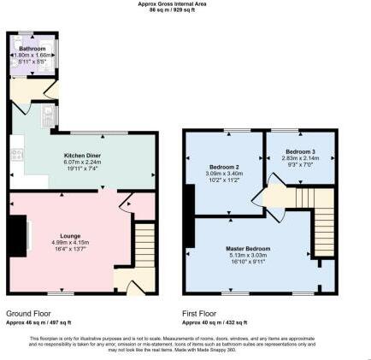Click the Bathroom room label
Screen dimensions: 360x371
pyautogui.click(x=32, y=50)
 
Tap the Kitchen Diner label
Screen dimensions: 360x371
pyautogui.click(x=83, y=156)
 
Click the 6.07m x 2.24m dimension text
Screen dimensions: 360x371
pyautogui.click(x=83, y=162)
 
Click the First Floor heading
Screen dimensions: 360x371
pyautogui.click(x=203, y=315)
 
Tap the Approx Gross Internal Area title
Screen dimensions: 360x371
pyautogui.click(x=185, y=3)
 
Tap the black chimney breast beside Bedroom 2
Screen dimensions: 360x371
pyautogui.click(x=188, y=202)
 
